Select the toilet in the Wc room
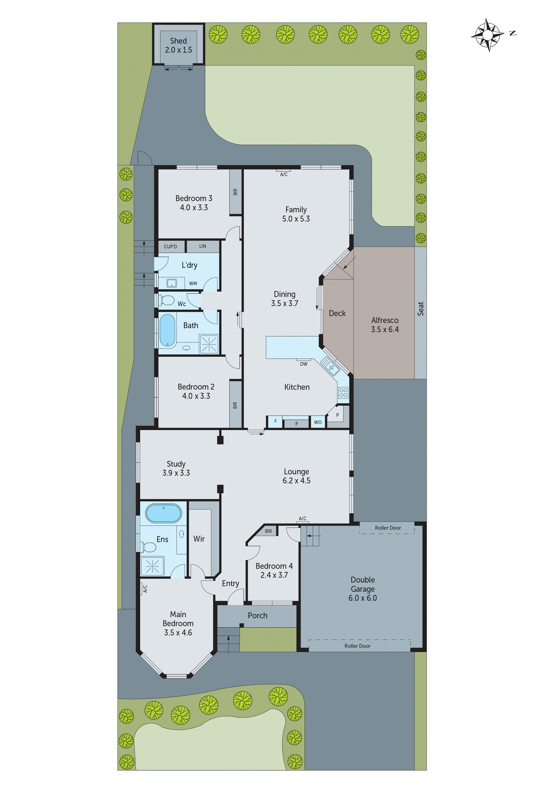[167, 300]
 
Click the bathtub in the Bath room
[168, 330]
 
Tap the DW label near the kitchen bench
[304, 364]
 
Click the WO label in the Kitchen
[318, 422]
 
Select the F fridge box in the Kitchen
[275, 421]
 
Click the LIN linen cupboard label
[203, 246]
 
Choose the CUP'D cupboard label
[170, 246]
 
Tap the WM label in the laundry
[193, 283]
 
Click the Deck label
[337, 313]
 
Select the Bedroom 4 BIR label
[268, 531]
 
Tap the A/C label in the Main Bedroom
[145, 589]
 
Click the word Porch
[257, 615]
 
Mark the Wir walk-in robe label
[199, 538]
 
